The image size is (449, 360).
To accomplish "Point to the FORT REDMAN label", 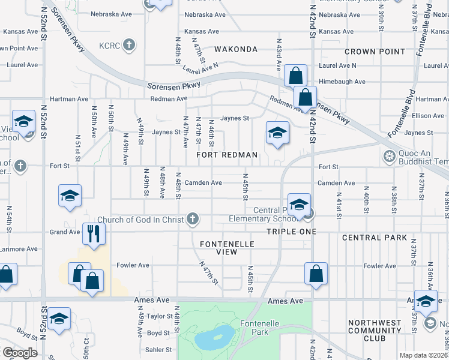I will coord(228,155).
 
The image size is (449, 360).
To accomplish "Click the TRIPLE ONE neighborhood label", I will coord(291,231).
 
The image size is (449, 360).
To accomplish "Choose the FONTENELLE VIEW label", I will coord(228,248).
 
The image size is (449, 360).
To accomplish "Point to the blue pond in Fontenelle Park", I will coord(215,338).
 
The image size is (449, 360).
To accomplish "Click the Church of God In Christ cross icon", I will coord(193,218).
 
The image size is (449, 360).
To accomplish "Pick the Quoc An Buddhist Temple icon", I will coord(390,157).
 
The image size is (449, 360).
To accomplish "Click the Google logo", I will coord(19,353).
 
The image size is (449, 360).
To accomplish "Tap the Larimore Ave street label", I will coord(19,248).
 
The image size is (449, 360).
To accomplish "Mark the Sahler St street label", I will coord(159,349).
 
